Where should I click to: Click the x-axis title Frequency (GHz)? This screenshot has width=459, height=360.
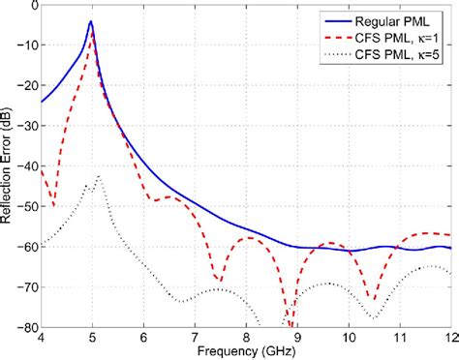point(246,352)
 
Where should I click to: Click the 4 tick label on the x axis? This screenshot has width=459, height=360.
point(40,338)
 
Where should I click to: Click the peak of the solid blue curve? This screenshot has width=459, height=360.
point(91,21)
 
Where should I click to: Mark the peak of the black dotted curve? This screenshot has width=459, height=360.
point(98,176)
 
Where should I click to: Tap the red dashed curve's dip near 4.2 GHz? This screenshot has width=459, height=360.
point(52,205)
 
